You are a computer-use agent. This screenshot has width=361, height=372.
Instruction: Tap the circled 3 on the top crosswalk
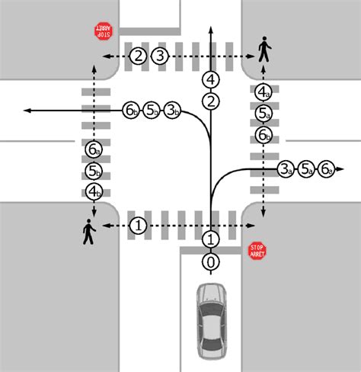click(x=159, y=56)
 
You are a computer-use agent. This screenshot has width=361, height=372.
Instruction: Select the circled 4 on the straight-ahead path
click(x=211, y=79)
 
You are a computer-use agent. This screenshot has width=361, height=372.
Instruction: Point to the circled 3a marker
click(x=285, y=168)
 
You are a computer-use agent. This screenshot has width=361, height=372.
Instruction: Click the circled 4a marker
click(x=263, y=93)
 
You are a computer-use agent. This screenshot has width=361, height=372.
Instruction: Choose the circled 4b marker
click(x=94, y=191)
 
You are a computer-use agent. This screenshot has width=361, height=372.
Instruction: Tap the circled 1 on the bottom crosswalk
click(x=138, y=226)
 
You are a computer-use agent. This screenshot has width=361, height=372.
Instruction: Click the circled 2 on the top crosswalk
click(x=138, y=56)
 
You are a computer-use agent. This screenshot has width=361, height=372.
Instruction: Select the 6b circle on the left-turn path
click(x=130, y=111)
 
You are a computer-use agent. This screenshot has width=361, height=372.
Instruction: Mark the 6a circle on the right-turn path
click(x=327, y=168)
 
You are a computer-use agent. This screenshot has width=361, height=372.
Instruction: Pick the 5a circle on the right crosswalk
click(x=263, y=114)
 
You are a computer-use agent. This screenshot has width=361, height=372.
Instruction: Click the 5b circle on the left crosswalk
click(x=94, y=170)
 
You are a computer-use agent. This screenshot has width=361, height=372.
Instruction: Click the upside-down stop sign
click(x=102, y=31)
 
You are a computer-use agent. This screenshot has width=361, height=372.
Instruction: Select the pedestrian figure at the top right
click(x=264, y=50)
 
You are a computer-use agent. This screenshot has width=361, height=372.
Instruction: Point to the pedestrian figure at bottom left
click(x=90, y=232)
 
